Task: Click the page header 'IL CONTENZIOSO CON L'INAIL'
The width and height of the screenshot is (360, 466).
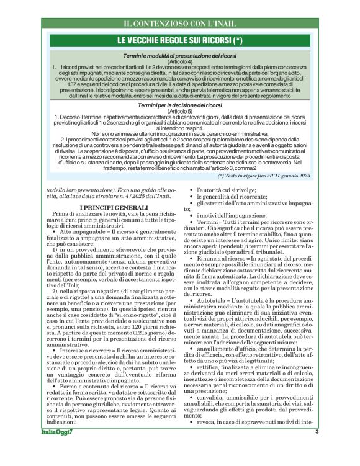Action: (x=180, y=24)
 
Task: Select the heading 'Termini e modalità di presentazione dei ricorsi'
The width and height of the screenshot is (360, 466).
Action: (x=181, y=56)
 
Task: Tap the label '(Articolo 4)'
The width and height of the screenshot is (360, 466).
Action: (x=181, y=62)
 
